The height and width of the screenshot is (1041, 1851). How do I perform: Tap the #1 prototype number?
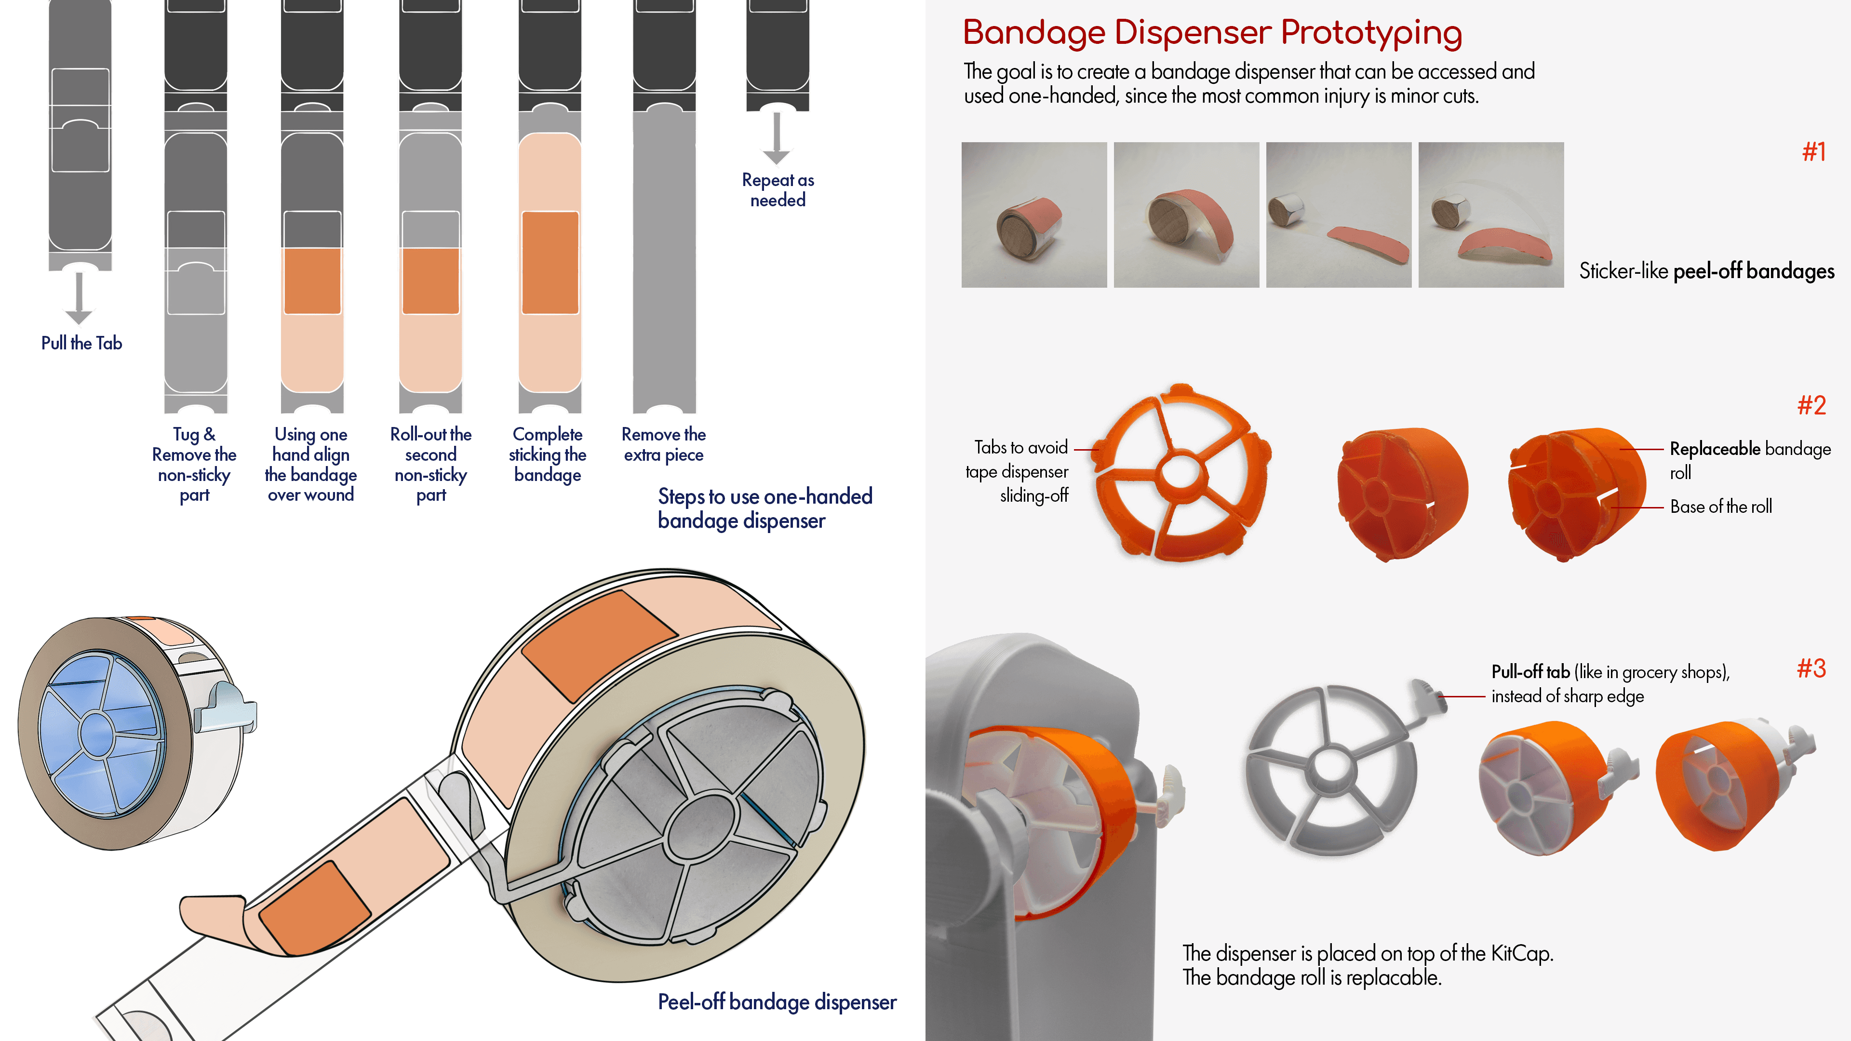pos(1813,152)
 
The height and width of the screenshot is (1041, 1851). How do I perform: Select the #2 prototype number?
pos(1811,406)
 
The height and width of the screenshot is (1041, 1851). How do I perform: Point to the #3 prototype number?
pos(1811,669)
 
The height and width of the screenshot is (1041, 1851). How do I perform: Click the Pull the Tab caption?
pos(81,344)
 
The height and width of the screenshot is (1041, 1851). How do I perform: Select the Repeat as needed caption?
pos(778,190)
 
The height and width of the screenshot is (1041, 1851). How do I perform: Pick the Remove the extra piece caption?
pos(663,445)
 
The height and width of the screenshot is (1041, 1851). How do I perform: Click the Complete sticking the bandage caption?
pos(548,455)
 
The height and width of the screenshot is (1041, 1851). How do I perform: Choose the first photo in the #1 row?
pos(1033,215)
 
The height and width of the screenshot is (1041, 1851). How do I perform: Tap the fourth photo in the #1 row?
pos(1490,215)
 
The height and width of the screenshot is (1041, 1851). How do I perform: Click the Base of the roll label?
pos(1720,507)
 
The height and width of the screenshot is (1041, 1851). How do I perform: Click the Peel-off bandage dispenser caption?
pos(777,1002)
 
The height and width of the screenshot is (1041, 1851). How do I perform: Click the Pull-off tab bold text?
pos(1530,672)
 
